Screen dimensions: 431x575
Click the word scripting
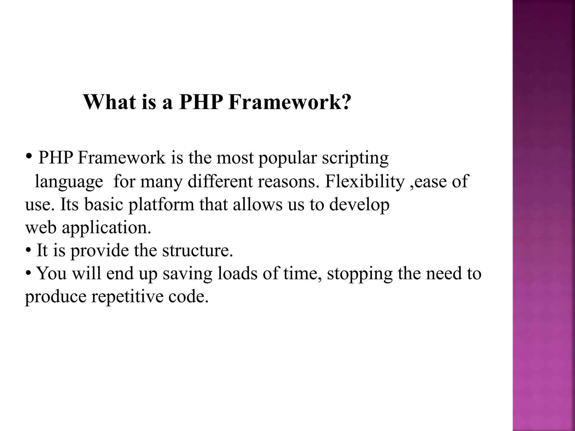pyautogui.click(x=355, y=159)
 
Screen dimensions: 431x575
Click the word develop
pyautogui.click(x=359, y=205)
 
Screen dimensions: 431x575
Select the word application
pyautogui.click(x=106, y=228)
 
